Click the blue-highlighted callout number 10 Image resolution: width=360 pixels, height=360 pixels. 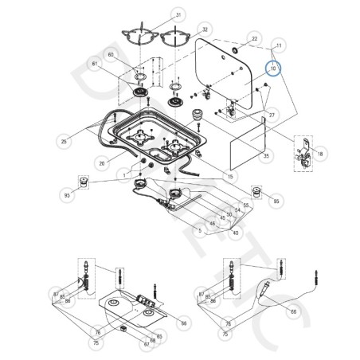pyautogui.click(x=273, y=69)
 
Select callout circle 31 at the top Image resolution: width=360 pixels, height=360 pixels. pyautogui.click(x=178, y=16)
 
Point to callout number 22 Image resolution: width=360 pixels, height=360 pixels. pyautogui.click(x=255, y=38)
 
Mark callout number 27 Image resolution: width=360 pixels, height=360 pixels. pyautogui.click(x=272, y=115)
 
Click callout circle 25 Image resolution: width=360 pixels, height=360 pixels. pyautogui.click(x=63, y=141)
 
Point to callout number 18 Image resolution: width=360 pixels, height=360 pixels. pyautogui.click(x=320, y=151)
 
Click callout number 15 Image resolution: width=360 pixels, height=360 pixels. pyautogui.click(x=229, y=176)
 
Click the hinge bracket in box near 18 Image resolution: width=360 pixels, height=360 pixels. pyautogui.click(x=303, y=153)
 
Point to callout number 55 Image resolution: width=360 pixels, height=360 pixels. pyautogui.click(x=247, y=205)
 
